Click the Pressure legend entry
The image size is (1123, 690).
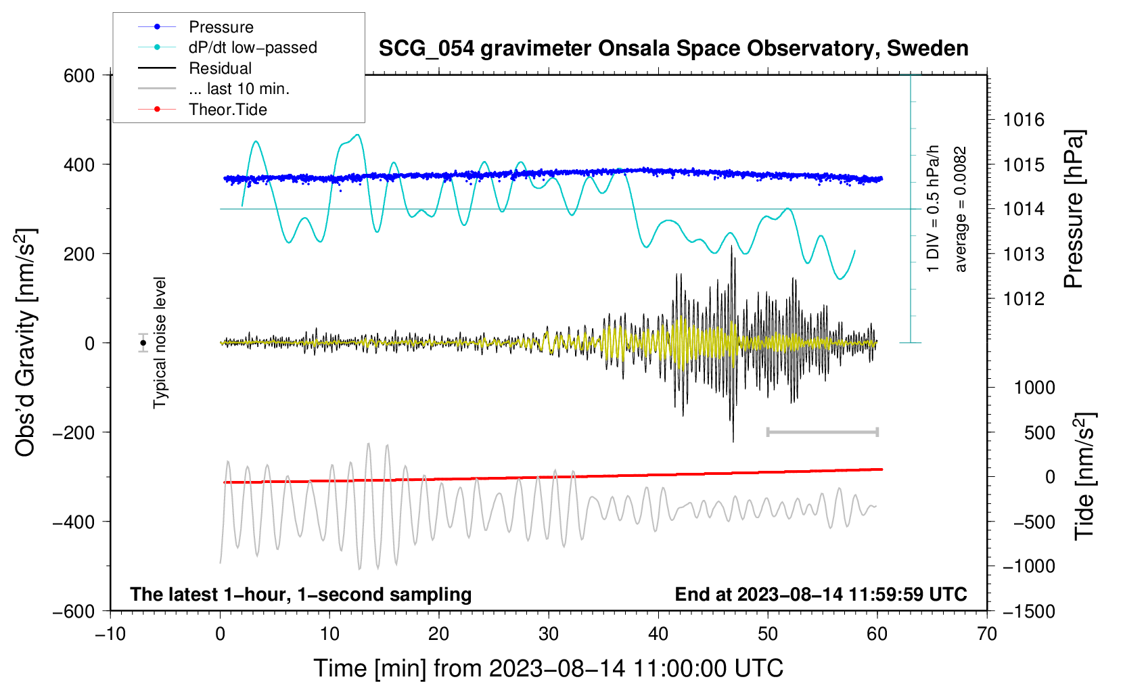click(x=221, y=27)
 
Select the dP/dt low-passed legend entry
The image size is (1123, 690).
click(x=252, y=47)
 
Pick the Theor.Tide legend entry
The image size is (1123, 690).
click(x=227, y=110)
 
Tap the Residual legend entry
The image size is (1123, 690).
click(x=220, y=68)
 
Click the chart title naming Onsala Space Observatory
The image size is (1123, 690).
click(x=673, y=49)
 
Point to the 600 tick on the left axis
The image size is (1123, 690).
click(x=79, y=76)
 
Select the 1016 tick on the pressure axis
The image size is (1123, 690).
click(x=1024, y=120)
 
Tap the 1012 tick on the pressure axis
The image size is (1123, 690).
click(x=1024, y=298)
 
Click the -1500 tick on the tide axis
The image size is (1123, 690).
click(x=1028, y=611)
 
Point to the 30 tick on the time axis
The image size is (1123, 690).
click(x=549, y=635)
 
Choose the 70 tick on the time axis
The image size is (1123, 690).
click(x=987, y=635)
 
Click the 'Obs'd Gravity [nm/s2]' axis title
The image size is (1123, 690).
click(x=26, y=342)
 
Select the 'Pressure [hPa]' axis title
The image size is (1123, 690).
click(x=1074, y=210)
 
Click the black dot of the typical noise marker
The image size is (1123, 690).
click(x=143, y=343)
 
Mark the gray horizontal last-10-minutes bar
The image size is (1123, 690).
click(x=822, y=432)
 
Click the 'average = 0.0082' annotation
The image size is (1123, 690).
click(x=961, y=210)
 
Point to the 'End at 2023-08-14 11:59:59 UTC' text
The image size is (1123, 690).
click(x=821, y=594)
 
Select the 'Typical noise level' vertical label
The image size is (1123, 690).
click(x=160, y=342)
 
